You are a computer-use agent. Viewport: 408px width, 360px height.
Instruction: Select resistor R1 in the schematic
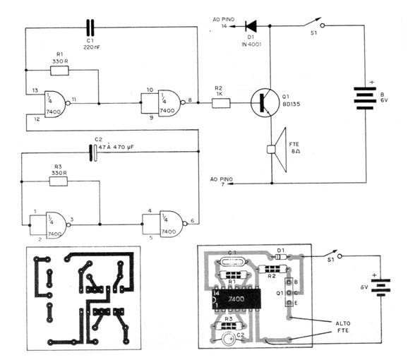(x=59, y=71)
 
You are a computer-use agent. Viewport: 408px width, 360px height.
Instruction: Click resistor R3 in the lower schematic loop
(x=58, y=181)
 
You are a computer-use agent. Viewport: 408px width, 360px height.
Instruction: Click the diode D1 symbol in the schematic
(x=249, y=26)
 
